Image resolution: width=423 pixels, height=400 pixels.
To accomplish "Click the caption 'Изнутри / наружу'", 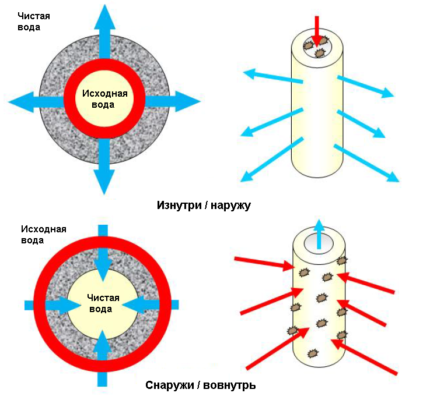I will tap(203, 205).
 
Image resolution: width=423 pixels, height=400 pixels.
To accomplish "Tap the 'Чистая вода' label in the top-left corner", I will tap(29, 22).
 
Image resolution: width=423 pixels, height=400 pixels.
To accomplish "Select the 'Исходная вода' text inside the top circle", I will tap(104, 99).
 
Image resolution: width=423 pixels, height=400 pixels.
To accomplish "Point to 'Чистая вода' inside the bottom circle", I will tap(103, 303).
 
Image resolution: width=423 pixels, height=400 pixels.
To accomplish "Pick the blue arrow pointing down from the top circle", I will tap(104, 169).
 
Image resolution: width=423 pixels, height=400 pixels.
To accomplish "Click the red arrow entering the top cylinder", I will tap(316, 29).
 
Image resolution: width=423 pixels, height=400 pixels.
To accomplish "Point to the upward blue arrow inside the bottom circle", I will tap(103, 355).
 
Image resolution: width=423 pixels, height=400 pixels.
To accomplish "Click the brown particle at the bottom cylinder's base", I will tap(312, 353).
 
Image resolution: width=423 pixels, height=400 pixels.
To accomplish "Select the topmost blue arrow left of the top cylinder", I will tap(272, 77).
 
